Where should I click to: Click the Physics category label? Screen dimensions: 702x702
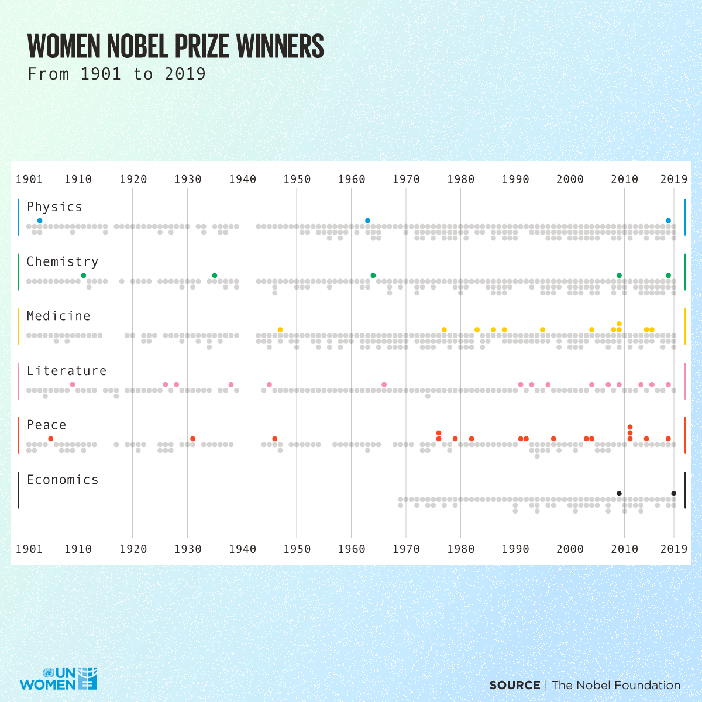click(54, 207)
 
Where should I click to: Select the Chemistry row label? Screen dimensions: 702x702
click(62, 262)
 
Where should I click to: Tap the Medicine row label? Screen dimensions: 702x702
click(58, 316)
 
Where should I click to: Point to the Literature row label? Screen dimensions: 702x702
click(67, 371)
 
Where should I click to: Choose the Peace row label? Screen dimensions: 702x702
click(46, 425)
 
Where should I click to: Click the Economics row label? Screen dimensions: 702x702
click(63, 480)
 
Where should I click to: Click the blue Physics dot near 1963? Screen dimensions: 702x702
click(367, 221)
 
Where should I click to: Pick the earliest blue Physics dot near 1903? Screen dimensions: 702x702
click(40, 221)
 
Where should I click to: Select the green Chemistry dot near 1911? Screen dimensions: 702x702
click(84, 276)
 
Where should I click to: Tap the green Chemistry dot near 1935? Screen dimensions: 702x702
click(215, 276)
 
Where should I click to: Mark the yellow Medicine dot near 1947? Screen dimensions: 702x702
click(280, 330)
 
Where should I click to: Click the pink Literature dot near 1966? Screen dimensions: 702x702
click(384, 384)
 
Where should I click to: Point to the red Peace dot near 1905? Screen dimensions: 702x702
click(51, 439)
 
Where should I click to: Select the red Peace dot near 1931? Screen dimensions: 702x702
click(192, 439)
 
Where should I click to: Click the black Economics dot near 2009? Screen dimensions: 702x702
click(619, 494)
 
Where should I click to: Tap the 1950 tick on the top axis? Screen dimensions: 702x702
click(297, 179)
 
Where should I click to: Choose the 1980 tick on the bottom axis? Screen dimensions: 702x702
click(460, 549)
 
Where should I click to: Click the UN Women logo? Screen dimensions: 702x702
click(58, 679)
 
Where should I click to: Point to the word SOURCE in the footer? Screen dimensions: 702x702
click(515, 685)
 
